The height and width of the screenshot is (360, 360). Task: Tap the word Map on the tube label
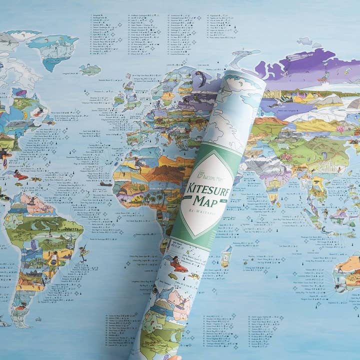tap(206, 201)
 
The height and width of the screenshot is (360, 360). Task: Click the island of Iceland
tap(89, 70)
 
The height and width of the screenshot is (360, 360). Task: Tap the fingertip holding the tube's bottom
tap(175, 357)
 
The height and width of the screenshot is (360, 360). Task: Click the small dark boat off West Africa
tap(106, 184)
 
